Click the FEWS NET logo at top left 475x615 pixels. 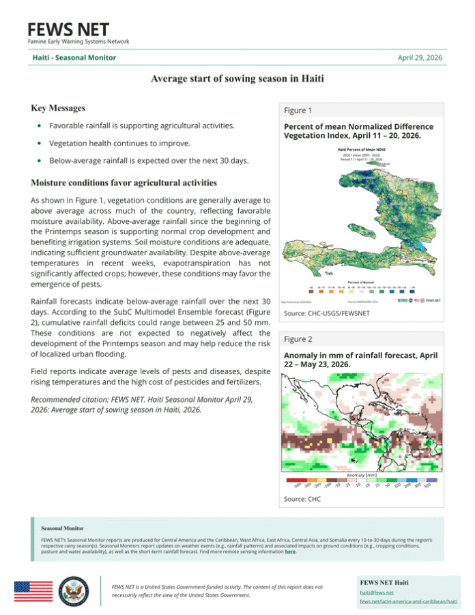point(68,30)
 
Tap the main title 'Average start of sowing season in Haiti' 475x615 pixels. point(237,78)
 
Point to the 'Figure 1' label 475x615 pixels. point(298,111)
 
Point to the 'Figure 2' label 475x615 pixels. point(298,339)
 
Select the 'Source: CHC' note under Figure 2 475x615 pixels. point(302,500)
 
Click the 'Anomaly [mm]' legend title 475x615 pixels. point(362,474)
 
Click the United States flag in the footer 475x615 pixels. point(33,590)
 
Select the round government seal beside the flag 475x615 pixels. point(72,590)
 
